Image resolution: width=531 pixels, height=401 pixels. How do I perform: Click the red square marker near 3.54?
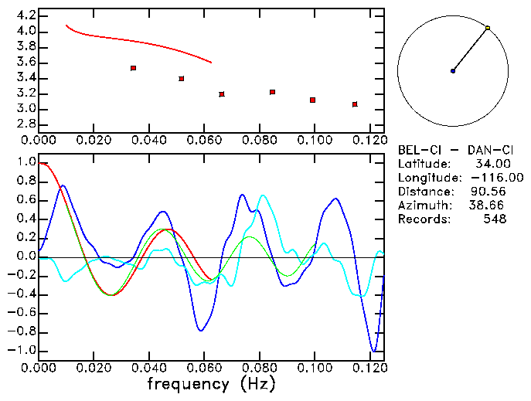pos(134,68)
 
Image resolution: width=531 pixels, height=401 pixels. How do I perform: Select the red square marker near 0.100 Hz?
pos(312,100)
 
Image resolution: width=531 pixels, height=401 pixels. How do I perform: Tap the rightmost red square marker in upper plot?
pos(355,104)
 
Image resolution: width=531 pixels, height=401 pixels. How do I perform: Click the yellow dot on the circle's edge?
pos(488,28)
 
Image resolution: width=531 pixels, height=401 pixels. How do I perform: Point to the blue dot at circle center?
pos(453,71)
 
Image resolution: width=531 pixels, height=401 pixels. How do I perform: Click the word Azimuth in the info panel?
pos(424,206)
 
